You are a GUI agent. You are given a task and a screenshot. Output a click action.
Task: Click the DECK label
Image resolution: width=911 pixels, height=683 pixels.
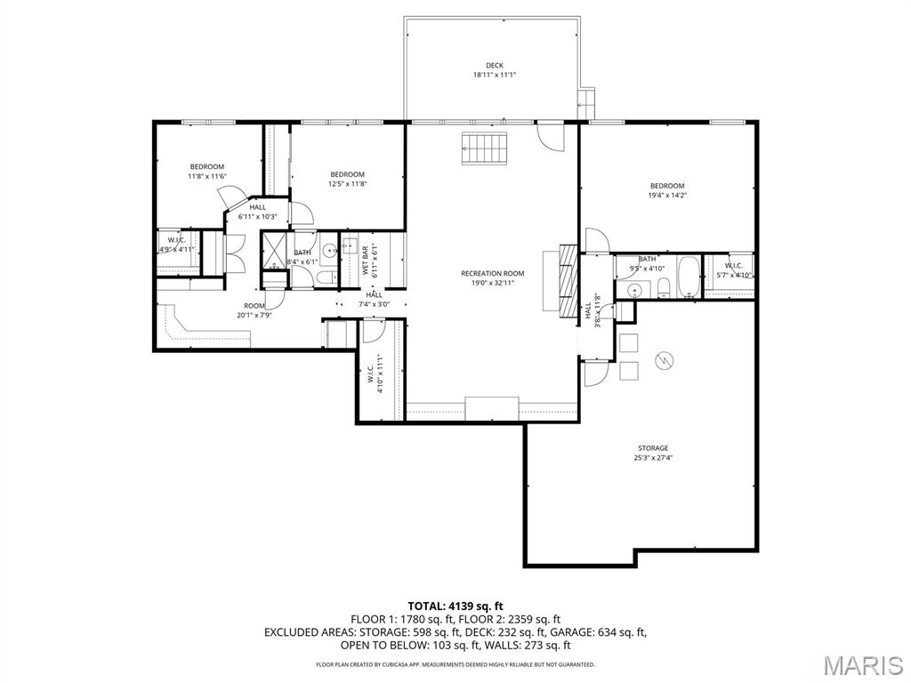pos(495,65)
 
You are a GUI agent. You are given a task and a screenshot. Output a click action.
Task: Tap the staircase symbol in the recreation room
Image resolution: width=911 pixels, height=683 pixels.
pos(484,148)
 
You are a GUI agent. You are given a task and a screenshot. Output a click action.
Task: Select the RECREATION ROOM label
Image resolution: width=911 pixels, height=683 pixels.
pos(492,274)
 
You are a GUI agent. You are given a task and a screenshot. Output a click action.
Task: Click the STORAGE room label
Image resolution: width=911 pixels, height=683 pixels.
pos(652,448)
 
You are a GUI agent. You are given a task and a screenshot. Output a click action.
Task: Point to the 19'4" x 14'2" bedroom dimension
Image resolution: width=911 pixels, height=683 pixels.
pos(666,195)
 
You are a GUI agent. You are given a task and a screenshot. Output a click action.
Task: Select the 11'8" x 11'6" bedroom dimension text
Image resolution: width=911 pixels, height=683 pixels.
pos(207,176)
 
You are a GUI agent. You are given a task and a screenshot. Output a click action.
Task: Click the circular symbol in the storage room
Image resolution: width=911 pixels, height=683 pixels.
pos(664,359)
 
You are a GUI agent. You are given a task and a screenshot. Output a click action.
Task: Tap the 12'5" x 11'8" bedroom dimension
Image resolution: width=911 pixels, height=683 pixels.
pos(347,184)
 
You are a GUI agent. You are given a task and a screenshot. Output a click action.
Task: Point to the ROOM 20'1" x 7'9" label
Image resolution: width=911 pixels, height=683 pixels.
pos(255,310)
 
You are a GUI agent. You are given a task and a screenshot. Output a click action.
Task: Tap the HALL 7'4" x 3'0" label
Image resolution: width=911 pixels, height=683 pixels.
pos(374,300)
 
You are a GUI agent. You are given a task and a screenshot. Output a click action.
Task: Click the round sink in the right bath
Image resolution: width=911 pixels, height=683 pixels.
pos(634,289)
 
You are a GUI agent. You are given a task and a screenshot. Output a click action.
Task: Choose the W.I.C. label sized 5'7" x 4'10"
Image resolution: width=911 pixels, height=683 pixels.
pos(734,269)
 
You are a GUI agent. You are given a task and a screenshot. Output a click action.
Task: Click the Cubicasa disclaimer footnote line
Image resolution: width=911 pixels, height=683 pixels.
pos(455,664)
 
